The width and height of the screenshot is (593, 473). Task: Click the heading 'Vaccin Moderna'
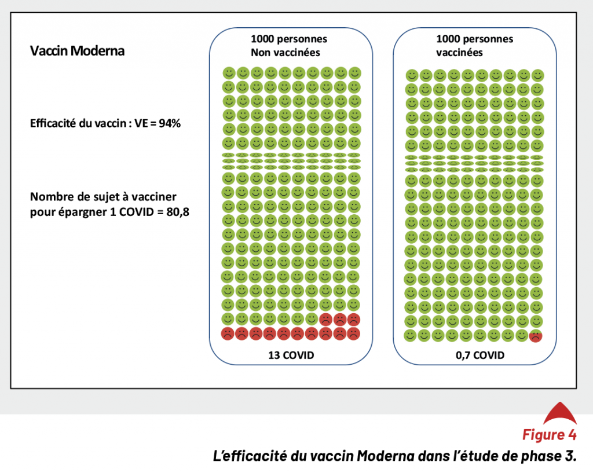point(77,51)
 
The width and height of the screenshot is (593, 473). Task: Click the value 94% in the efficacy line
point(170,123)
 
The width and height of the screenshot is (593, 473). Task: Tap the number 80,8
point(178,212)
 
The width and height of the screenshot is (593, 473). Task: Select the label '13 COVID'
point(291,355)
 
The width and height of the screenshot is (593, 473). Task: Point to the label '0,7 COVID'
point(480,355)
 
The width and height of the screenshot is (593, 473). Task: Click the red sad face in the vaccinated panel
point(536,336)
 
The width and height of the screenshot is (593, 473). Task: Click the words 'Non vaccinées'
point(285,53)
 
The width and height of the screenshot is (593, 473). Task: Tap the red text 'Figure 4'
point(550,435)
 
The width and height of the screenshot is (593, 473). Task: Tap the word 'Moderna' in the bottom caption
point(382,456)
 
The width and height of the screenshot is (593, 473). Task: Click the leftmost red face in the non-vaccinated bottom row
point(227,334)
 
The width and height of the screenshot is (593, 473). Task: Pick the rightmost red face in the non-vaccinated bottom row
point(354,334)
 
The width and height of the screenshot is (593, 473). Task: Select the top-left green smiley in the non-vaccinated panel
point(229,73)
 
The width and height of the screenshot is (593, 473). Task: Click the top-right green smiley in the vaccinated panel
point(537,76)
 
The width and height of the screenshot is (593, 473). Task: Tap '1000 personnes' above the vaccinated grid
point(475,39)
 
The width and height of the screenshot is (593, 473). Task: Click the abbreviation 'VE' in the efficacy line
point(141,123)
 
